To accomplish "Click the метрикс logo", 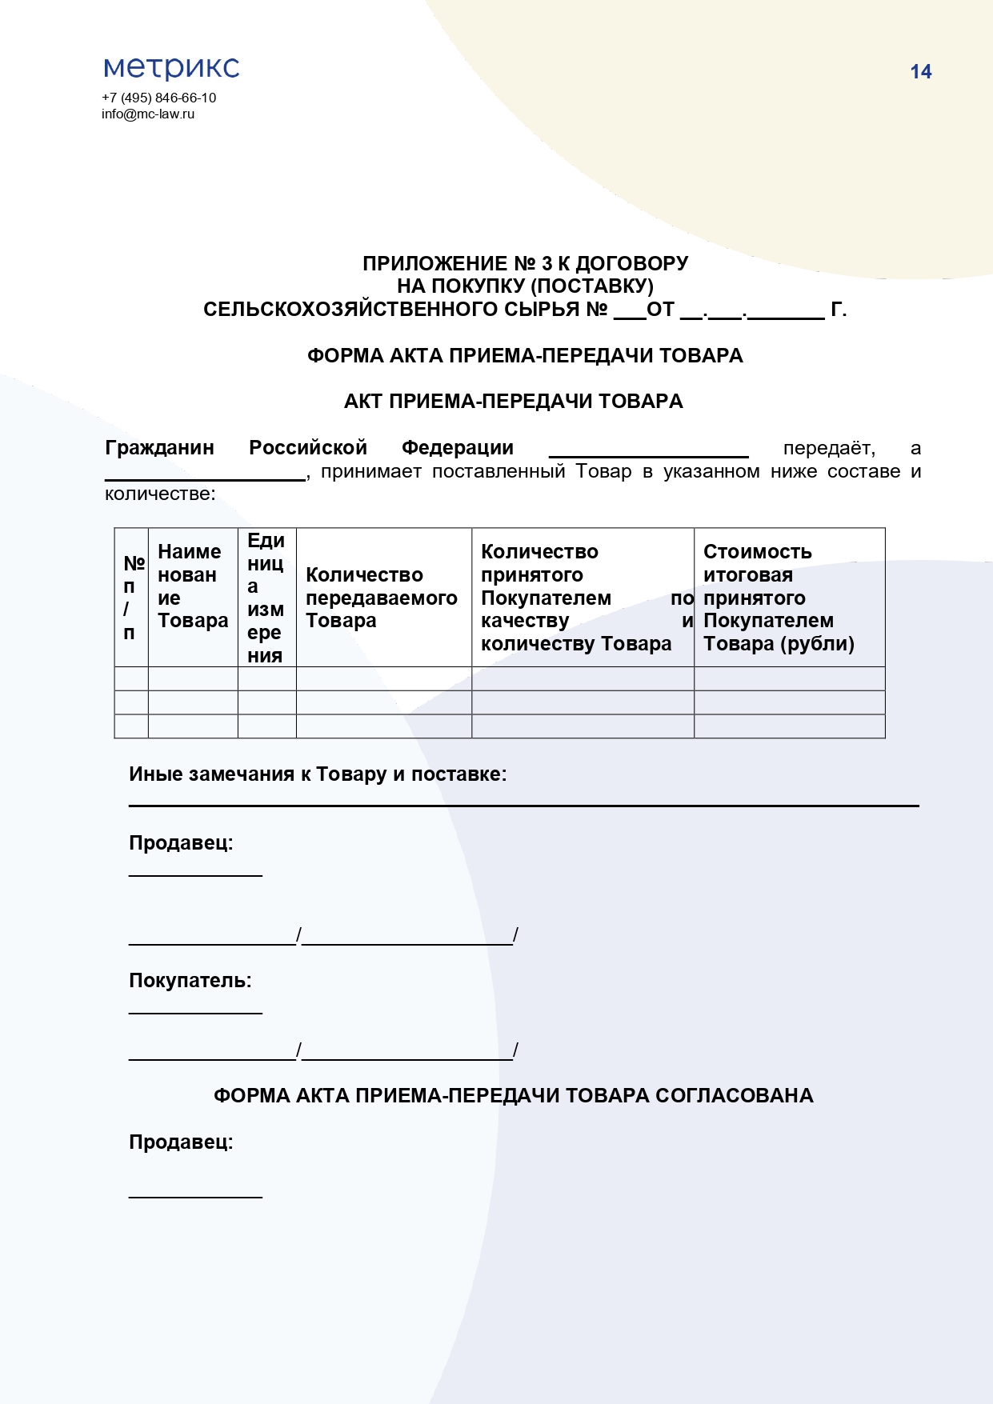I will [x=171, y=68].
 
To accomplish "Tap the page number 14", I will [x=920, y=72].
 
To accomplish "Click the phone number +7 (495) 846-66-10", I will [x=158, y=98].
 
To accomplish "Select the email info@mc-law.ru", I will [x=148, y=114].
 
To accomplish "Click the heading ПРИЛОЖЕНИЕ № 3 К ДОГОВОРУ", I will [x=525, y=263].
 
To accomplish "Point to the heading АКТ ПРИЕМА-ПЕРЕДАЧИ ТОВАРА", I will [x=513, y=402].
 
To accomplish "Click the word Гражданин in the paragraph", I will [x=159, y=448].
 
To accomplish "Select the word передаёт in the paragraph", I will [x=828, y=448].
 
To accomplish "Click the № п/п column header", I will [x=132, y=598].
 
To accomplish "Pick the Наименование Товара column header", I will [x=193, y=586].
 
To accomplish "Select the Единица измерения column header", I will [x=266, y=598].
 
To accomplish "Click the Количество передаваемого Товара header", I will [x=382, y=598].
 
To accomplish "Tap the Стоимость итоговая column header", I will [x=778, y=598].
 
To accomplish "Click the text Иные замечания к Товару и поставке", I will [x=318, y=774].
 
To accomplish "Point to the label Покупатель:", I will [x=190, y=981].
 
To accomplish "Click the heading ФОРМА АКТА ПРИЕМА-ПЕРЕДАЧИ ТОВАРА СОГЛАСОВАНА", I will [x=513, y=1096].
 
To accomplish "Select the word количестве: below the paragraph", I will [x=160, y=494].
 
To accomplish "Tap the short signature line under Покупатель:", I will [x=195, y=1013].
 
